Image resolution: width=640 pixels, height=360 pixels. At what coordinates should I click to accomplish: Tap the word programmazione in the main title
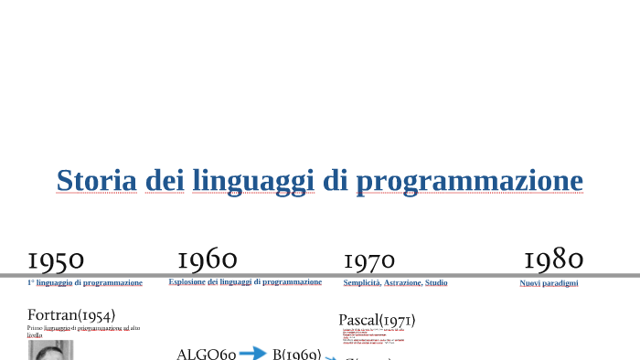[x=469, y=181]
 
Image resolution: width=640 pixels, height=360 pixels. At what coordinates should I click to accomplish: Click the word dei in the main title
[x=165, y=180]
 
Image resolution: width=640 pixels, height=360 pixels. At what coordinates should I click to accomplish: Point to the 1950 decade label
[x=56, y=261]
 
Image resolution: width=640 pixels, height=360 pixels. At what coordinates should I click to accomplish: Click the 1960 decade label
[x=208, y=259]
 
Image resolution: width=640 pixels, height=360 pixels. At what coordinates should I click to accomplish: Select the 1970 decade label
[x=369, y=262]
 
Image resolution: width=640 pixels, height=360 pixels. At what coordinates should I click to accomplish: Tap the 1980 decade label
[x=553, y=259]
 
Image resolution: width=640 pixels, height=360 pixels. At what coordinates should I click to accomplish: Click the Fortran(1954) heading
[x=71, y=315]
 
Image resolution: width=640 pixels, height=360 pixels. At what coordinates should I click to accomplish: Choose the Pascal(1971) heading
[x=377, y=320]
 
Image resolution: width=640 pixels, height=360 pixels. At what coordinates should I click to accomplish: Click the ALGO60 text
[x=206, y=354]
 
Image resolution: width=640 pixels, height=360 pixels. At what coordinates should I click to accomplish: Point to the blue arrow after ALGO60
[x=252, y=353]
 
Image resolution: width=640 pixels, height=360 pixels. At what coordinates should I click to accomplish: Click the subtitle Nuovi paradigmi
[x=549, y=283]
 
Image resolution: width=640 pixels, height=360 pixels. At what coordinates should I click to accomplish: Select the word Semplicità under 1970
[x=362, y=283]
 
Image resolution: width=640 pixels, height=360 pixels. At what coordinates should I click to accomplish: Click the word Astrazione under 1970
[x=402, y=283]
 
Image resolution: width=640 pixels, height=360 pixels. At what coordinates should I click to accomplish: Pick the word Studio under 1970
[x=436, y=283]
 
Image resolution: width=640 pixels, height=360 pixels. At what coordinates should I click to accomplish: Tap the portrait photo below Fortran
[x=50, y=351]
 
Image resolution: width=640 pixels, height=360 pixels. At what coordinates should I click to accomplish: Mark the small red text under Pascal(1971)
[x=373, y=337]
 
